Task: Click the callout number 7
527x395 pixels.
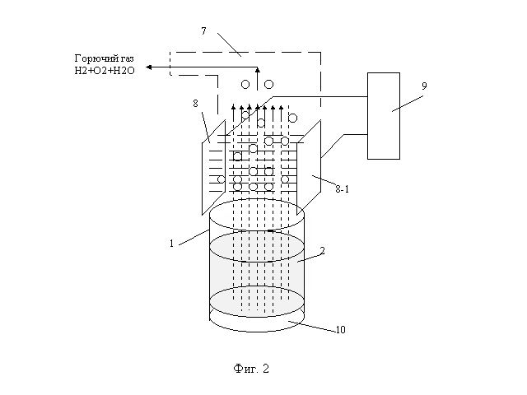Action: click(203, 31)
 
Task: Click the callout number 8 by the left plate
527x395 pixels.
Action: click(196, 104)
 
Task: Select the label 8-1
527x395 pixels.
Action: click(343, 189)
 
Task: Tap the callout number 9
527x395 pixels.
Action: click(424, 86)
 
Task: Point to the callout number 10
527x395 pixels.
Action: click(340, 329)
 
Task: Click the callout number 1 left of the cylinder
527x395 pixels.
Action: click(172, 244)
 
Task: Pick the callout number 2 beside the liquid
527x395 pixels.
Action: click(322, 250)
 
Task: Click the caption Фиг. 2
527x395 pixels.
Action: click(251, 369)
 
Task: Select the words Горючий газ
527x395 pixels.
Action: click(104, 58)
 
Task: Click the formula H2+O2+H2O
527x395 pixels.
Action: click(105, 71)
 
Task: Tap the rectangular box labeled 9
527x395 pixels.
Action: click(384, 116)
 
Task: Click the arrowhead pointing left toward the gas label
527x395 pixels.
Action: click(148, 67)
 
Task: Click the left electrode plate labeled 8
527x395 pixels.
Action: click(213, 168)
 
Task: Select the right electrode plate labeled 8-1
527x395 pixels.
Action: click(309, 168)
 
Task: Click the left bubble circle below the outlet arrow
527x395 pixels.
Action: click(245, 84)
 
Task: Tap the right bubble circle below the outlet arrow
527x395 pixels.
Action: click(268, 84)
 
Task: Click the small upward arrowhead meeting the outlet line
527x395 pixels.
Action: click(258, 70)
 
